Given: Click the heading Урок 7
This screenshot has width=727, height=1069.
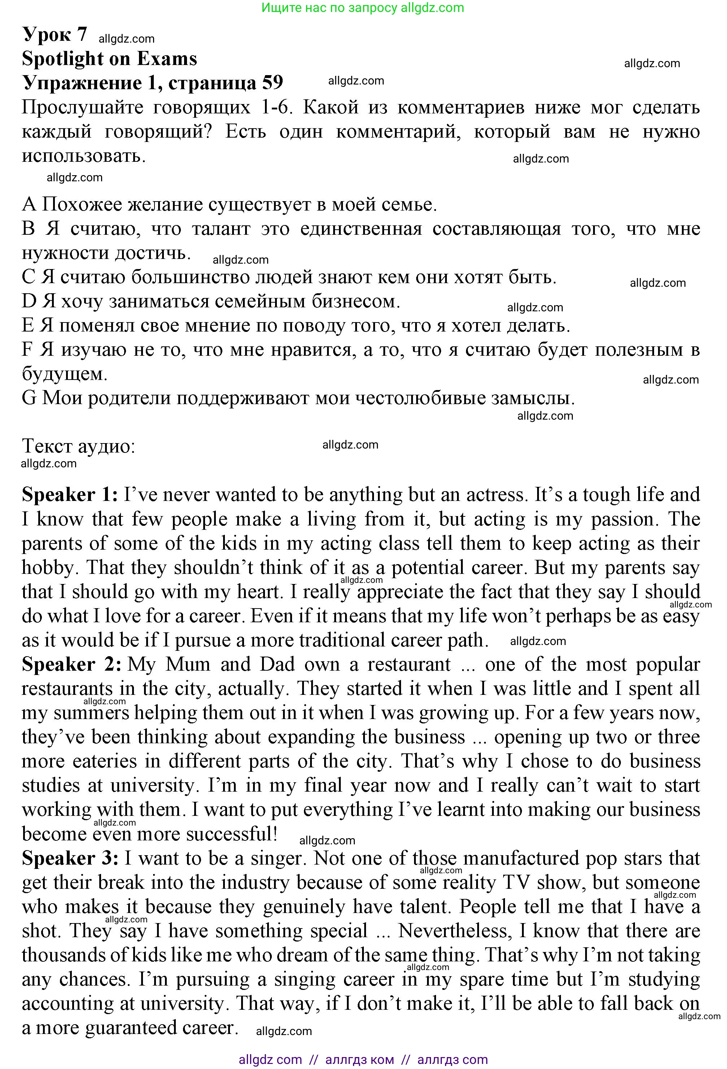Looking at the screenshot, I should (54, 35).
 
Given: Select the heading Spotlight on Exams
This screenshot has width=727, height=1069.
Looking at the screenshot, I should (109, 59).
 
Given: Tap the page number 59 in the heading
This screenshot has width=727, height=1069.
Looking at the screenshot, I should (272, 82).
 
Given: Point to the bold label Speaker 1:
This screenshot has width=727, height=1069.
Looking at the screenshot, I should (70, 495).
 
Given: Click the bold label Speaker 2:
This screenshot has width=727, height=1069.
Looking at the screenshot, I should (71, 665).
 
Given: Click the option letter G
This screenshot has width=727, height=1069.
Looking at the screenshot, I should (29, 398).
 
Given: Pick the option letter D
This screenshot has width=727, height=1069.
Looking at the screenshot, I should (29, 301).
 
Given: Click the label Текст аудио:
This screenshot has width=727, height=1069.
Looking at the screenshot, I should (78, 446).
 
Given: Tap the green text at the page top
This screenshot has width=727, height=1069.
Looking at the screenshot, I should (363, 8).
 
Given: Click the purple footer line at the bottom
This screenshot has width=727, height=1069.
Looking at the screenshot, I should (363, 1060).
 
